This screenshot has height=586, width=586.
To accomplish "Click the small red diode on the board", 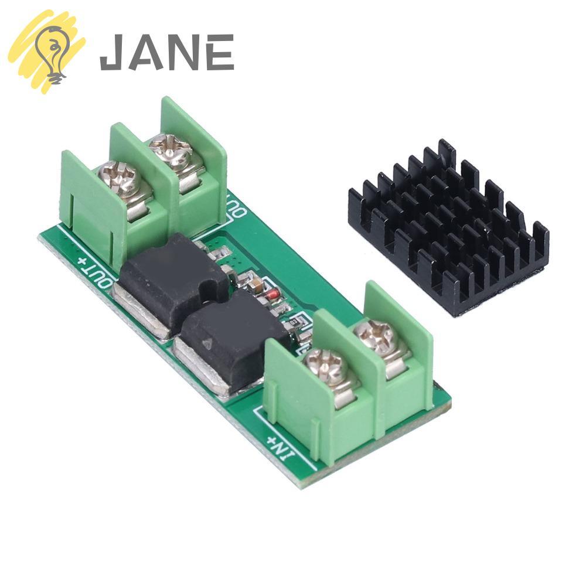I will pyautogui.click(x=270, y=296).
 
